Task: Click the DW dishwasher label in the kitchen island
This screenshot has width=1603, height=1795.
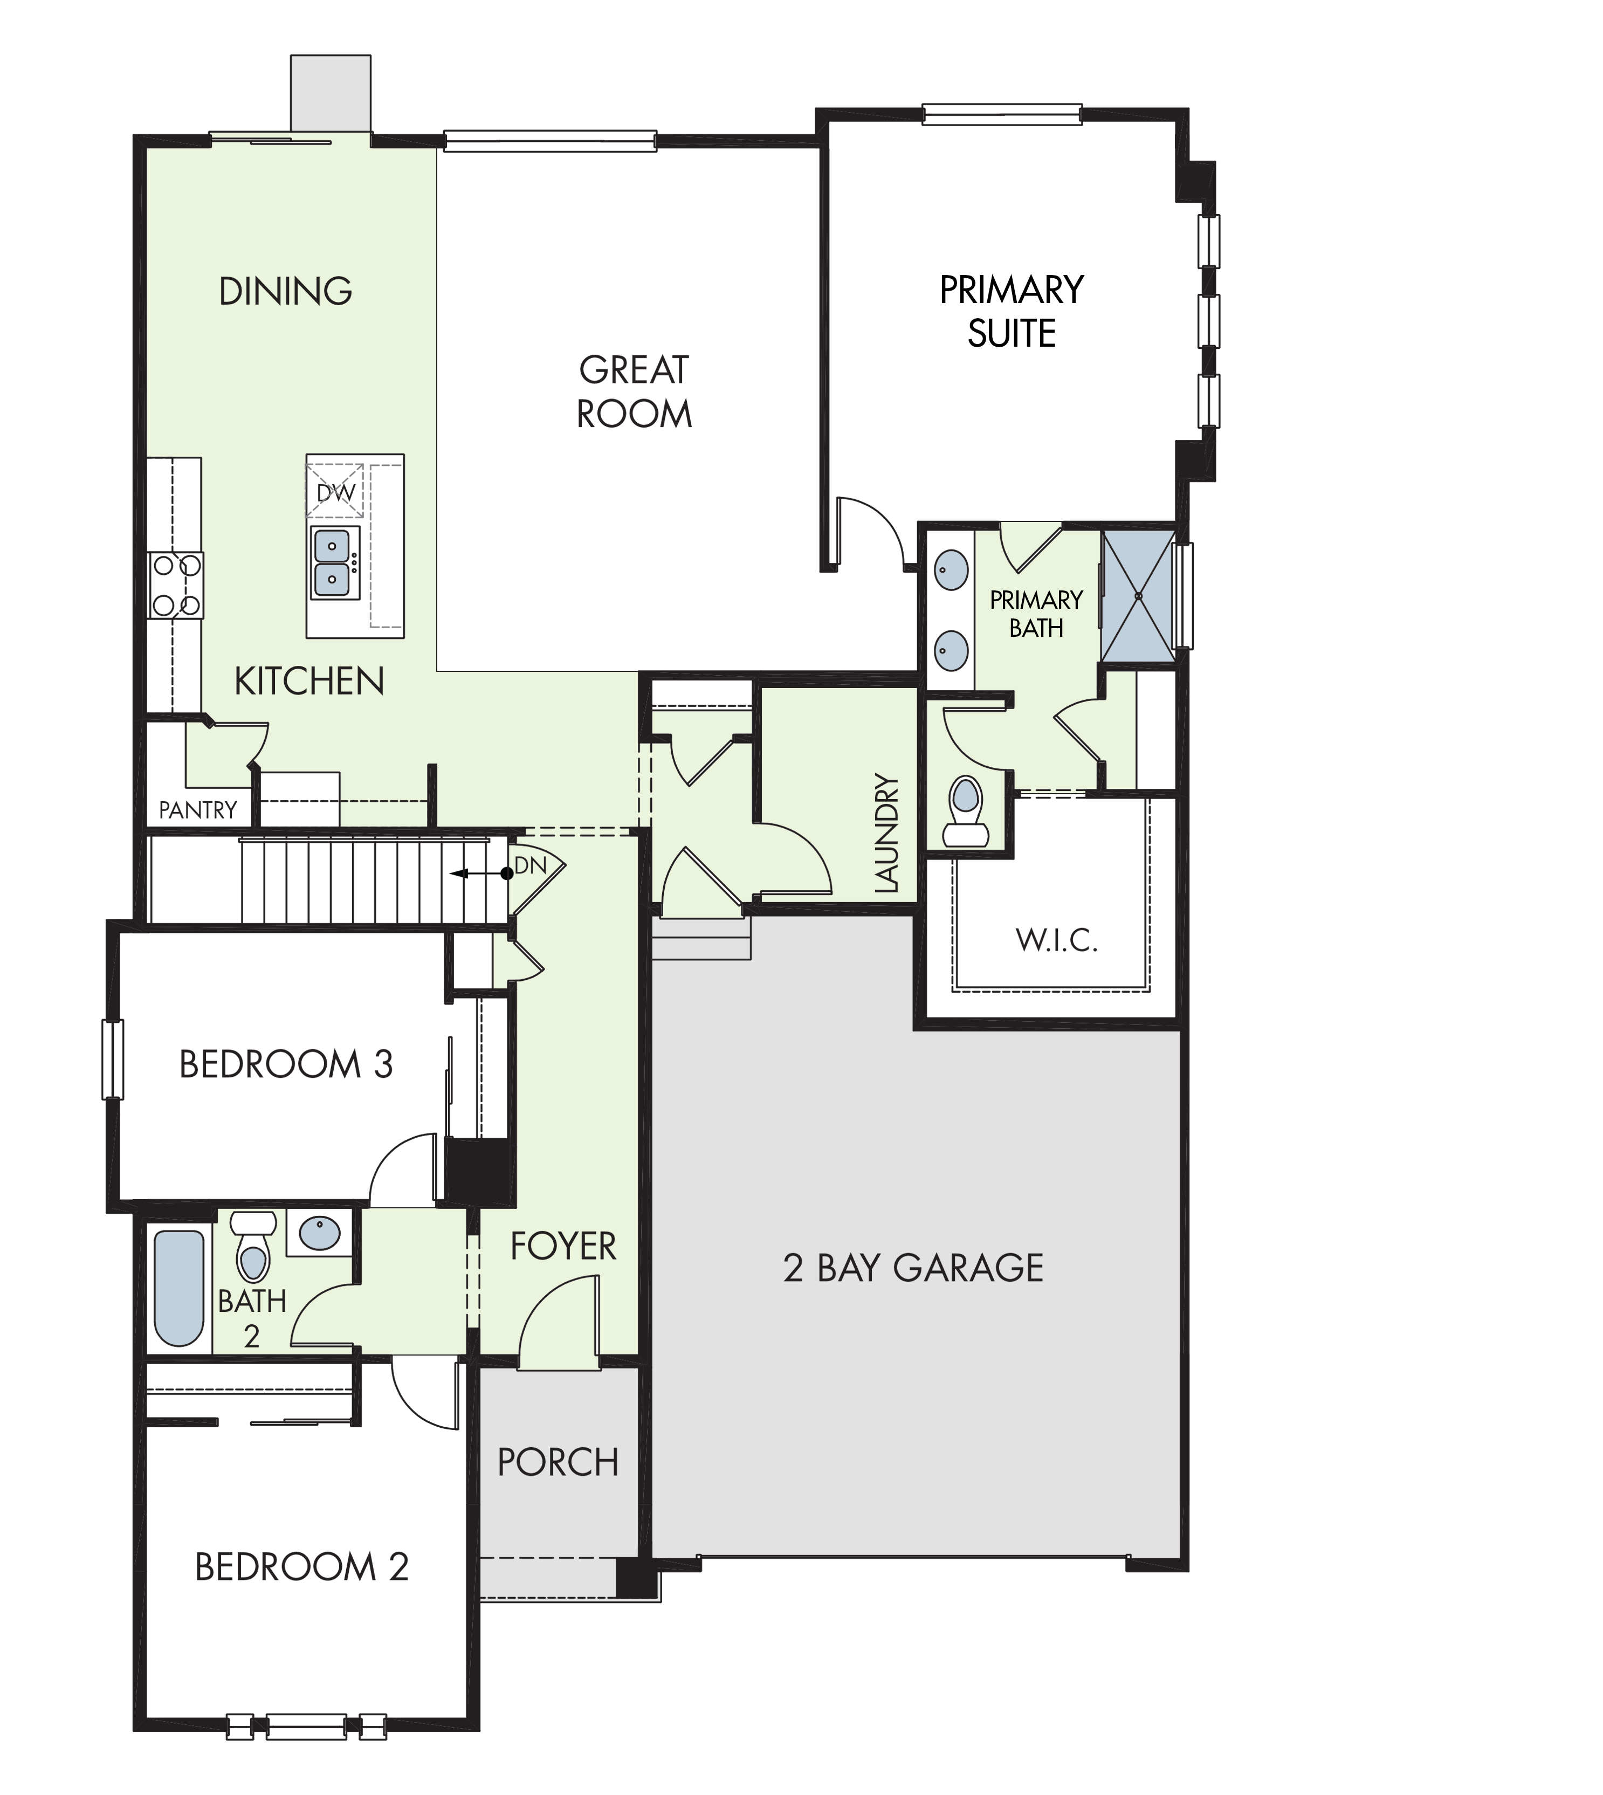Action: point(335,493)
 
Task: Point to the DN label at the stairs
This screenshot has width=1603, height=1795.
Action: point(530,866)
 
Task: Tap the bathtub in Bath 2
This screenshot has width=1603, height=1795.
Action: point(179,1288)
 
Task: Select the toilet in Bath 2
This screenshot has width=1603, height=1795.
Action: point(253,1246)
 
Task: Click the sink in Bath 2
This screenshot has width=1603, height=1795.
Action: point(319,1232)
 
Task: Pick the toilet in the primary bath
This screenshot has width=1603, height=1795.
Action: point(966,810)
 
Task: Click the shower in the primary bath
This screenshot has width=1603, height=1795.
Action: point(1138,595)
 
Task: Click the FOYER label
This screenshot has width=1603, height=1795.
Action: point(563,1246)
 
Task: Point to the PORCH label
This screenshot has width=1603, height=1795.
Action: point(559,1462)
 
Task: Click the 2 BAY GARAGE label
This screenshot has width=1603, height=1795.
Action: point(913,1268)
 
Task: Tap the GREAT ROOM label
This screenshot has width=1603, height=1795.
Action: point(634,392)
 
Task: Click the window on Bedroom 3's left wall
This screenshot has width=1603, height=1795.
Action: point(113,1060)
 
